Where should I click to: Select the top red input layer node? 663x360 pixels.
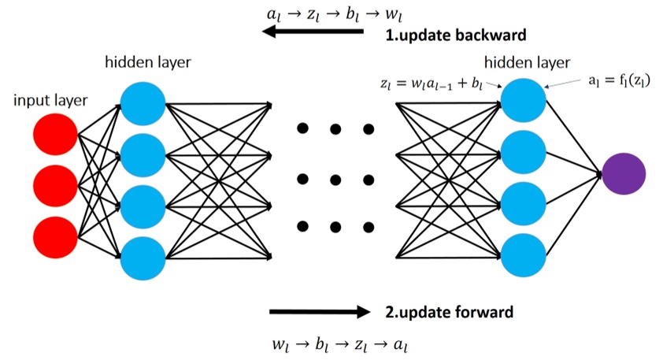click(55, 135)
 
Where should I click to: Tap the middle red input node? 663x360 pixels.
click(55, 185)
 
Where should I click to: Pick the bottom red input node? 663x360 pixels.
click(55, 236)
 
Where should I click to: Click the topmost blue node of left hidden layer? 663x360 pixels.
click(143, 103)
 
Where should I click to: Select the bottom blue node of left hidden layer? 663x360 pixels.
click(143, 257)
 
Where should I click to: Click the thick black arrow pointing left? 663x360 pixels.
click(313, 32)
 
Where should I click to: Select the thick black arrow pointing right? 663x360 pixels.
click(319, 312)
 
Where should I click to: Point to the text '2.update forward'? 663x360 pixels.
click(450, 312)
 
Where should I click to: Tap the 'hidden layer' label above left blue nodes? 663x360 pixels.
click(147, 61)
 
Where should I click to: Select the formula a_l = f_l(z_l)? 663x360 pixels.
click(617, 80)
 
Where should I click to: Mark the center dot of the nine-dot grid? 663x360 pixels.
click(335, 177)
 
